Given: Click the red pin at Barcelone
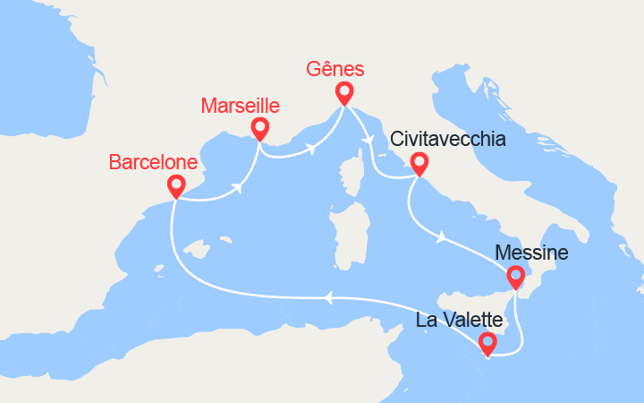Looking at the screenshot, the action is [x=176, y=185].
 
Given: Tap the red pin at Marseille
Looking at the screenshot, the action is [x=259, y=128].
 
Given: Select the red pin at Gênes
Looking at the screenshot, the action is [x=344, y=92].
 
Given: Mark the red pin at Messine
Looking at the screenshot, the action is [x=516, y=277].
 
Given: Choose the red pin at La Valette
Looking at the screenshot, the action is [x=487, y=342].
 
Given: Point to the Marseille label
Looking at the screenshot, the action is [x=240, y=107].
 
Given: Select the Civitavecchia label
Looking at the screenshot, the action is [x=447, y=140].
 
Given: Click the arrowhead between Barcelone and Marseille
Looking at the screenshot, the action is [x=239, y=188].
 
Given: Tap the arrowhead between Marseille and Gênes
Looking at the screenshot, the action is [x=316, y=148].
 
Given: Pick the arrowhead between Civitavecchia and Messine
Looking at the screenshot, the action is [x=441, y=236].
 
